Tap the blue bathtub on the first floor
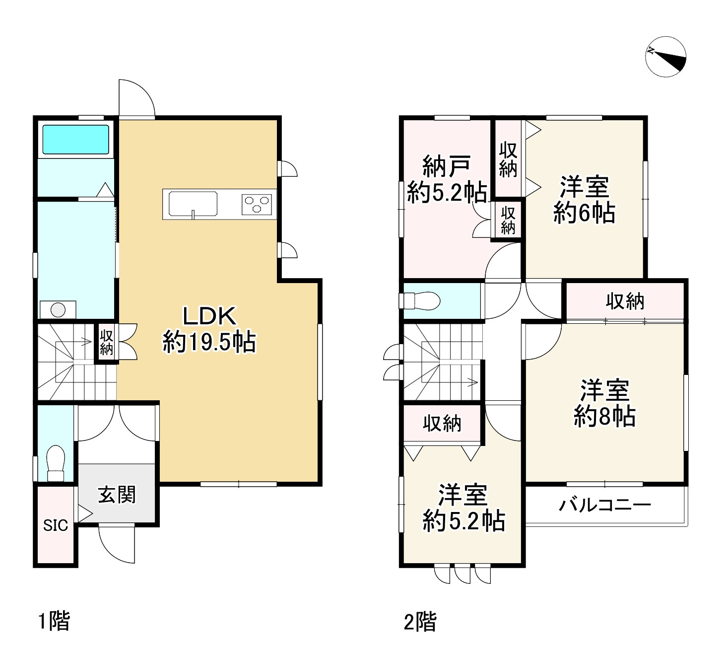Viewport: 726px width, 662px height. pos(75,140)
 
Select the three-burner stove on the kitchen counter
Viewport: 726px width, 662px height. pos(257,205)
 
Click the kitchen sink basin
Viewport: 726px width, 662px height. pos(193,204)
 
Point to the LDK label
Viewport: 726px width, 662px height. pos(209,315)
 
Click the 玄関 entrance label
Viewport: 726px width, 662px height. pos(117,495)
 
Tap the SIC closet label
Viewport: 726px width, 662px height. pos(56,525)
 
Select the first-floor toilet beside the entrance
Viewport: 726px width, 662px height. pos(56,463)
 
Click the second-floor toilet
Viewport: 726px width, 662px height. pos(419,301)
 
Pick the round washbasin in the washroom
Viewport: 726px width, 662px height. pos(58,310)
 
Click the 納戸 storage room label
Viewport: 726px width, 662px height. pos(447,166)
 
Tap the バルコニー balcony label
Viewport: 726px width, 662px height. pos(605,505)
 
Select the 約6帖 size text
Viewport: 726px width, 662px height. pos(584,213)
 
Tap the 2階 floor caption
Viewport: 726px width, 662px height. pos(420,622)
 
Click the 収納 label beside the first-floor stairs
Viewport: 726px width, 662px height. pos(106,342)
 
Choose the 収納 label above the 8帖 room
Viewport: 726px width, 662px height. pos(625,301)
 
